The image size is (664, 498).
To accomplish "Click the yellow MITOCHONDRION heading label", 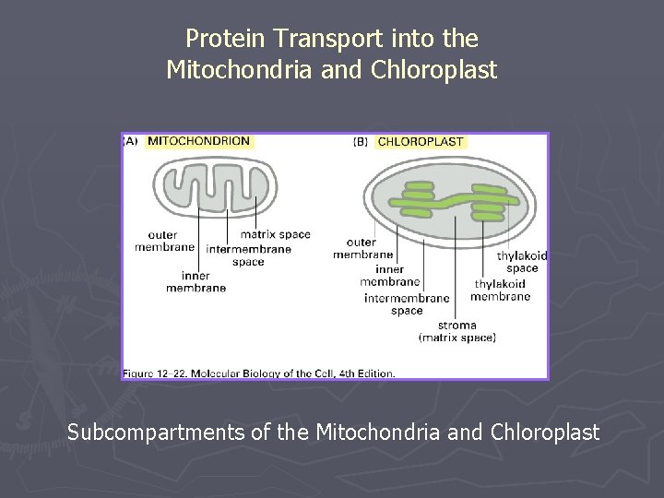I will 198,141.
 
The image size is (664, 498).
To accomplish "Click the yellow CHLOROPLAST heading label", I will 421,142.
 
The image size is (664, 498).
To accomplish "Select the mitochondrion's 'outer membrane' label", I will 165,241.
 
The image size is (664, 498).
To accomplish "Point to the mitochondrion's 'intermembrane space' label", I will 249,255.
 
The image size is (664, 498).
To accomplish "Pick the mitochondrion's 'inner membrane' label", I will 196,281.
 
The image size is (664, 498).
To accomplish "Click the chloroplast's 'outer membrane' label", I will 362,249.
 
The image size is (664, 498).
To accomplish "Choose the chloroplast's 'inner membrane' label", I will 390,276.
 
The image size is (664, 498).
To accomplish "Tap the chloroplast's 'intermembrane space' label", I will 407,304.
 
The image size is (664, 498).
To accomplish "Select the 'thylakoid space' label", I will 522,262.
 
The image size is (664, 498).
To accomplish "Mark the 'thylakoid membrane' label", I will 500,290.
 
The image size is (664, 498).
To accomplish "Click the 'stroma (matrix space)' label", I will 457,331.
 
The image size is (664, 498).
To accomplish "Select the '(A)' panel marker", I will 130,141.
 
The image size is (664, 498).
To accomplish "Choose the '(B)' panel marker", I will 361,142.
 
